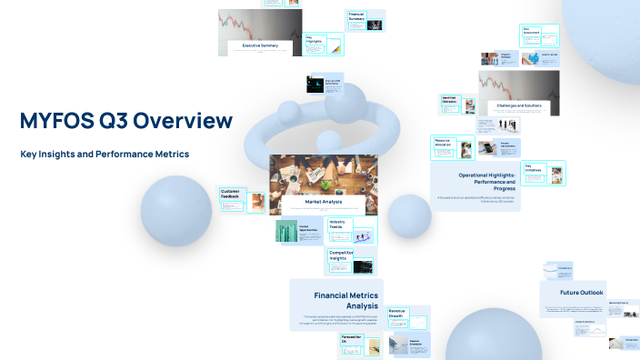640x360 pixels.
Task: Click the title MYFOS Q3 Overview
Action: (x=125, y=121)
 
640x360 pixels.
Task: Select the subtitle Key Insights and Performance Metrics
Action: (x=105, y=154)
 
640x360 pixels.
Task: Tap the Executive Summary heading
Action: (x=261, y=45)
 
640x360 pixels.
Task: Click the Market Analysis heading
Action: (x=324, y=201)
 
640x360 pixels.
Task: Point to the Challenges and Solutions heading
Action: (x=519, y=105)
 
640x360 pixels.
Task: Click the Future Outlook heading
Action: (x=582, y=293)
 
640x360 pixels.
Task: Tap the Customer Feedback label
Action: (x=230, y=194)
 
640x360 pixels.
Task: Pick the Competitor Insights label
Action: (x=341, y=255)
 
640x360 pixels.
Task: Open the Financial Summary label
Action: (x=356, y=16)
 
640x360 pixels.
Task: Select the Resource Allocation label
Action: (x=443, y=143)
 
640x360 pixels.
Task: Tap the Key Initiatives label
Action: (x=533, y=168)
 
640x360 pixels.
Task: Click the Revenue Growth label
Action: (x=396, y=314)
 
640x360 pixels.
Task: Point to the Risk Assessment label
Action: (x=532, y=31)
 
